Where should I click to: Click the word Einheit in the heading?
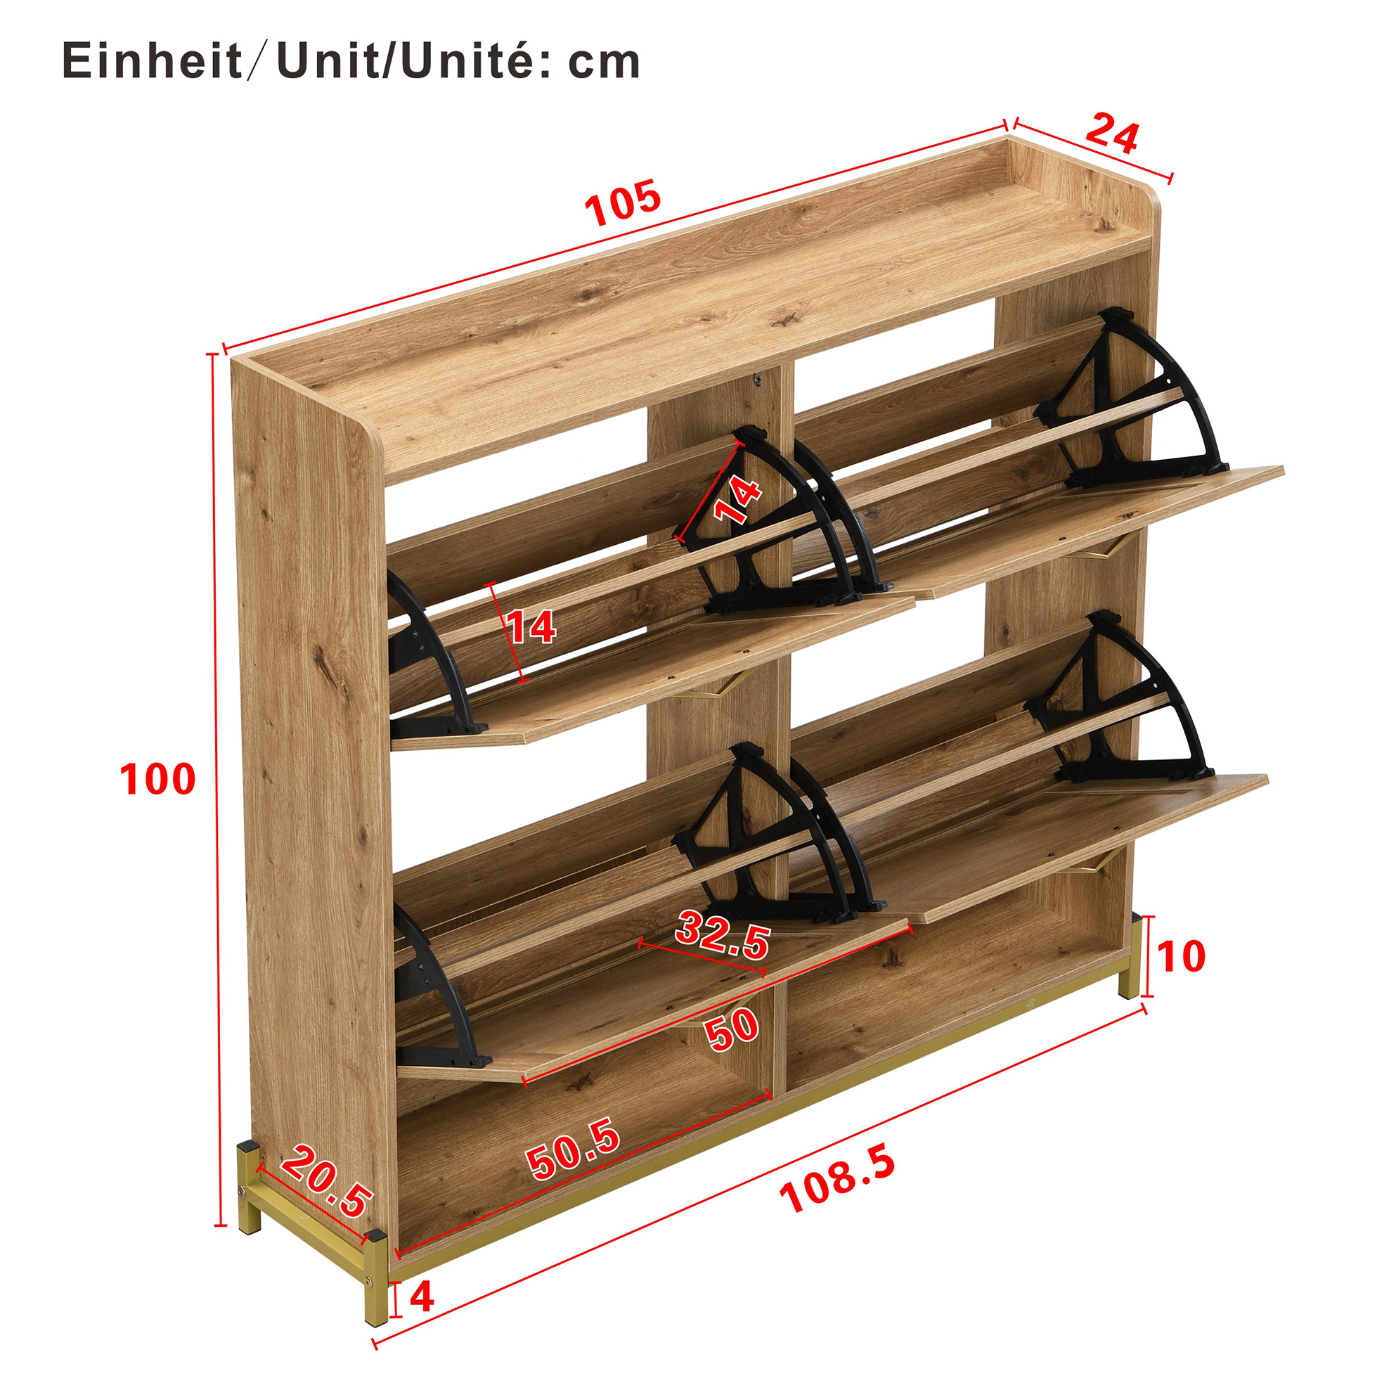click(x=153, y=61)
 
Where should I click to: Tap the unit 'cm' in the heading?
click(x=604, y=63)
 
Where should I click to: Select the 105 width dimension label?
click(x=623, y=202)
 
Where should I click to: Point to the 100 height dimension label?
click(x=157, y=780)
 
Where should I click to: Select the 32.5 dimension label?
click(x=723, y=935)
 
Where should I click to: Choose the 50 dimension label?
click(x=732, y=1030)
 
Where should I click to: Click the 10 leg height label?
click(x=1182, y=956)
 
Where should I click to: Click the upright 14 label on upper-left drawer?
click(x=531, y=627)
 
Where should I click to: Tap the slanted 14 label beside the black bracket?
click(x=737, y=501)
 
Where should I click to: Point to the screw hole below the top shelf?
click(x=756, y=380)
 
